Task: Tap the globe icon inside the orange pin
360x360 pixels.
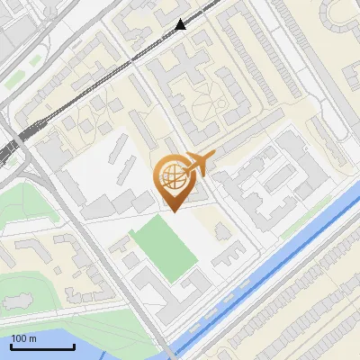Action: coord(172,175)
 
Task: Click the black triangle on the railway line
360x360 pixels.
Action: coord(182,24)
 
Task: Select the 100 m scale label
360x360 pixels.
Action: coord(24,337)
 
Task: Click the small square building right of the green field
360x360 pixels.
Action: coord(220,231)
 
